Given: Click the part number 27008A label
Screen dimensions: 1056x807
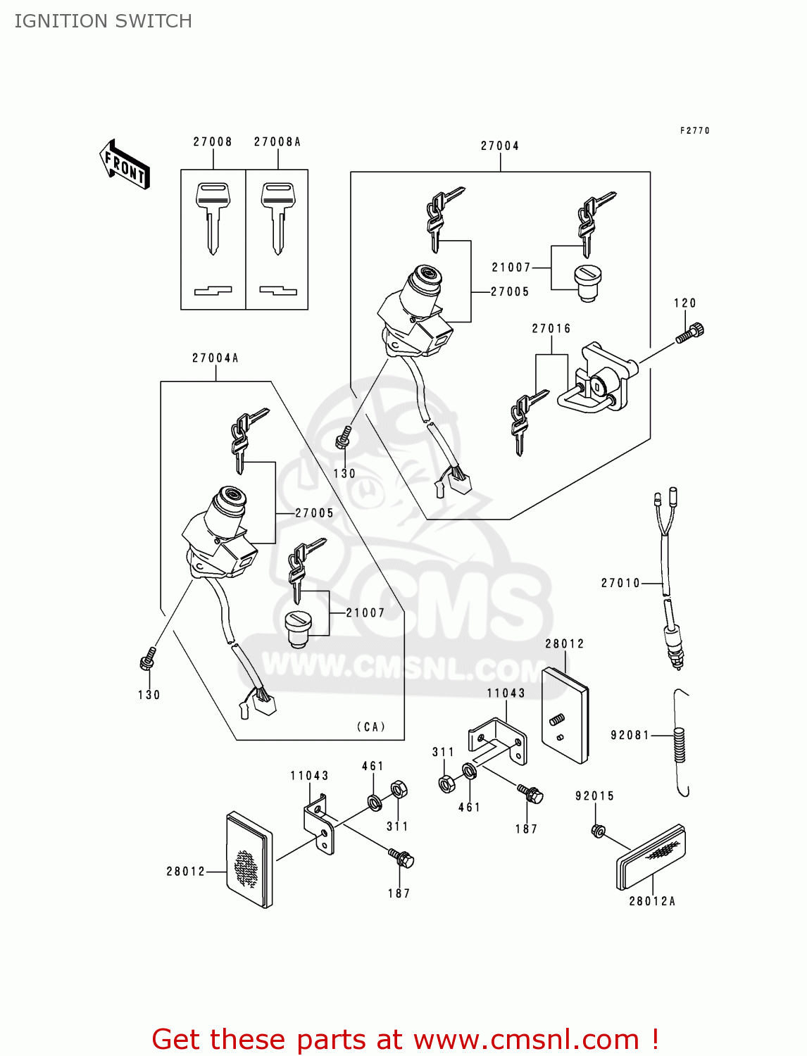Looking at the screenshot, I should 277,142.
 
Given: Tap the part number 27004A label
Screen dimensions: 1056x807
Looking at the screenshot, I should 215,358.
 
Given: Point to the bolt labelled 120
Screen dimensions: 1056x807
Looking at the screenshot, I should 690,332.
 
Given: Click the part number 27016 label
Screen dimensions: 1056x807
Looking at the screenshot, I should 551,329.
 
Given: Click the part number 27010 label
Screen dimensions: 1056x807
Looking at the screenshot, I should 620,583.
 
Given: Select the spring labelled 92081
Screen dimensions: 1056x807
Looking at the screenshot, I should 680,745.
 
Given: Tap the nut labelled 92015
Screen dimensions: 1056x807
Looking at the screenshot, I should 598,831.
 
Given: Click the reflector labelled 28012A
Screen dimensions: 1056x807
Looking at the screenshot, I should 651,857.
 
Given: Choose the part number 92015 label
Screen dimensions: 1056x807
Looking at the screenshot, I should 595,796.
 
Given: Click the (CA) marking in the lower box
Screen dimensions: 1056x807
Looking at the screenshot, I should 371,727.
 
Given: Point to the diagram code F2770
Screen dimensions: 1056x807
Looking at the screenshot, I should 695,131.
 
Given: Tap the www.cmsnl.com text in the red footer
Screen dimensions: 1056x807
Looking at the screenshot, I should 526,1040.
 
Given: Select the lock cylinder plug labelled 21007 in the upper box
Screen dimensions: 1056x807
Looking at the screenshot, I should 588,282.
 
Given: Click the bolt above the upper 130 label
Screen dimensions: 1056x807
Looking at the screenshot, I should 344,437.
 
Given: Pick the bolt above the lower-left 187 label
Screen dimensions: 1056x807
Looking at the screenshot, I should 401,859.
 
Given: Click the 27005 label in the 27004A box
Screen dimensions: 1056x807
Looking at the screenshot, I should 314,513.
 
